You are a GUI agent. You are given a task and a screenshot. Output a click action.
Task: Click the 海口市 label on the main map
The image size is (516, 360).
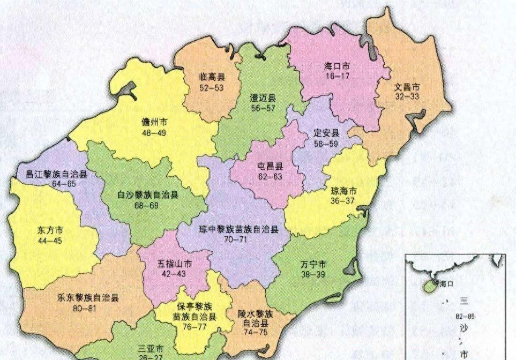pyautogui.click(x=336, y=67)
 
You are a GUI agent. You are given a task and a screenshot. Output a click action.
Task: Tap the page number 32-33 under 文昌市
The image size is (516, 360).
pyautogui.click(x=407, y=96)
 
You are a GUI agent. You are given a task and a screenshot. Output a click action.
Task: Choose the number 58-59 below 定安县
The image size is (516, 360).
pyautogui.click(x=327, y=143)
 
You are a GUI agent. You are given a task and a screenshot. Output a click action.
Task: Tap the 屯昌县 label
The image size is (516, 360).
pyautogui.click(x=271, y=165)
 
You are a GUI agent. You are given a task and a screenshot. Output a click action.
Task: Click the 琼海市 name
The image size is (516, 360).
pyautogui.click(x=344, y=191)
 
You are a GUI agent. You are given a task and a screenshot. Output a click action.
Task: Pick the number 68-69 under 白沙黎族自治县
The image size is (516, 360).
pyautogui.click(x=148, y=206)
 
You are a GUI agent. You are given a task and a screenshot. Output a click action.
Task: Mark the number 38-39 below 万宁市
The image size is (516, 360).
pyautogui.click(x=313, y=274)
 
